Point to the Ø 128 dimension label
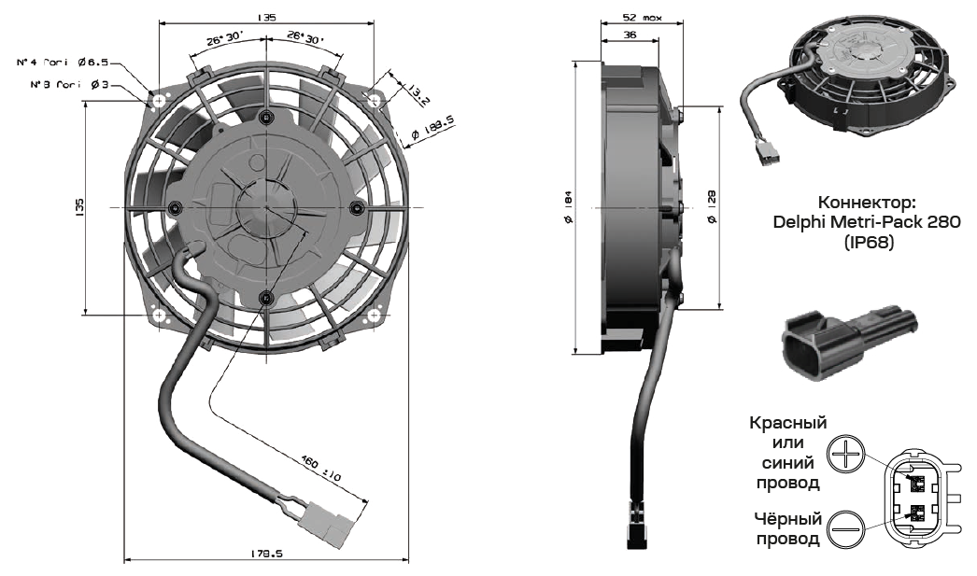coord(712,206)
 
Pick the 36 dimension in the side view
coord(630,35)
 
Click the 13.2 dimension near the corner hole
coord(418,92)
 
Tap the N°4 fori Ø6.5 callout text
coord(64,63)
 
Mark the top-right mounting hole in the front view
coord(374,99)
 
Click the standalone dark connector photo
coord(849,344)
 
